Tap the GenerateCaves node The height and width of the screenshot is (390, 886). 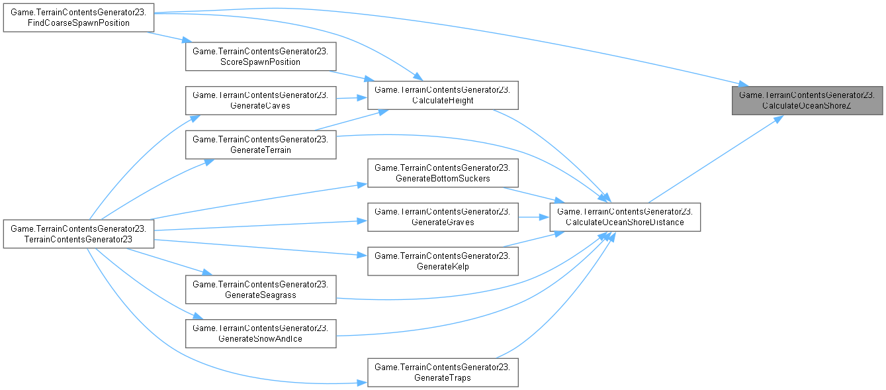point(261,100)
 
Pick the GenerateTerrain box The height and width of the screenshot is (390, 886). point(261,144)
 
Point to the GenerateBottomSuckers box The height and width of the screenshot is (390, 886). point(443,173)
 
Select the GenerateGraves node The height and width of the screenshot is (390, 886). point(443,217)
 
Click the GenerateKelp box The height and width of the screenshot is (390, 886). point(443,260)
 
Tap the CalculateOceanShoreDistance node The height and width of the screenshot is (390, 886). point(625,217)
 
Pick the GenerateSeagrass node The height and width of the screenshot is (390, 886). point(261,289)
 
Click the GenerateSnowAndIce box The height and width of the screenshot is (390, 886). point(261,333)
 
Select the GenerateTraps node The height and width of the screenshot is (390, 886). point(443,373)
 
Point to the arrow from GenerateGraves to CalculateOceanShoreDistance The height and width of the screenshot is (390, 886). point(533,217)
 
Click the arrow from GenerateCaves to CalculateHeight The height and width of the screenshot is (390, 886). point(351,99)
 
